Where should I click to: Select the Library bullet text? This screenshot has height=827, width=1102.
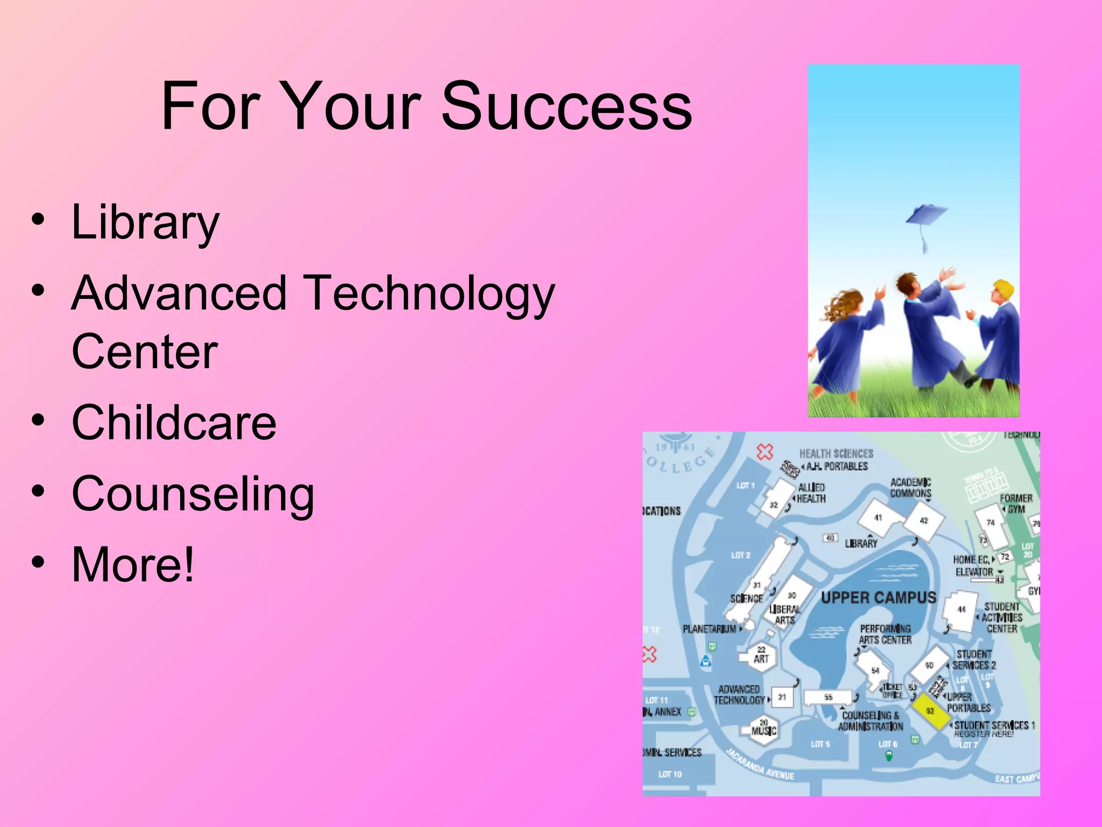(x=145, y=223)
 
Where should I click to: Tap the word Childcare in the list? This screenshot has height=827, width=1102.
(x=174, y=423)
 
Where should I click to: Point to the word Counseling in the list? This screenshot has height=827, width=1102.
(x=193, y=494)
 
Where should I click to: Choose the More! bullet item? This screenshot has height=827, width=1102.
(x=132, y=564)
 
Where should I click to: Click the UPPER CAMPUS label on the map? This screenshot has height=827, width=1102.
(x=878, y=598)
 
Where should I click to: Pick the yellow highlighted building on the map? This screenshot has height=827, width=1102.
(x=930, y=711)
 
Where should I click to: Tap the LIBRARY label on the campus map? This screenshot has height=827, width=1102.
(x=861, y=544)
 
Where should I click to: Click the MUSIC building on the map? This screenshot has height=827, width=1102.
(x=764, y=729)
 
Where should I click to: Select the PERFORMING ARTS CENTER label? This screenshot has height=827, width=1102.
(x=885, y=634)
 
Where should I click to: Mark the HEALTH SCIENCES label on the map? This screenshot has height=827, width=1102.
(x=836, y=454)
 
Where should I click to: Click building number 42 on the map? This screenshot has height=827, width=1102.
(x=924, y=521)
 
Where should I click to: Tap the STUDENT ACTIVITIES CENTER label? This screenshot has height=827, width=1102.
(x=1001, y=618)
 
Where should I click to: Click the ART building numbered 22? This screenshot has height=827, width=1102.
(x=761, y=656)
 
